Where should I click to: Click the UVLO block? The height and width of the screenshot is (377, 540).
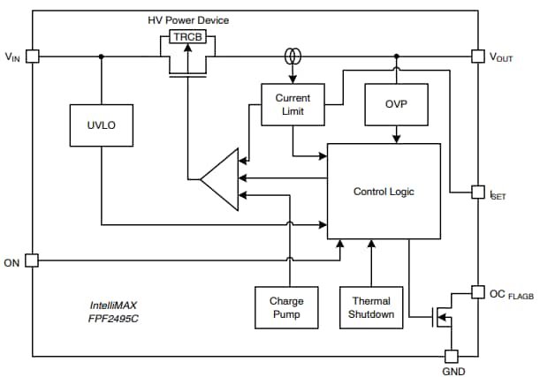[101, 125]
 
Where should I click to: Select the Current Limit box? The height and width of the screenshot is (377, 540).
[293, 104]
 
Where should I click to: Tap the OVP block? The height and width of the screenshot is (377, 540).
[396, 104]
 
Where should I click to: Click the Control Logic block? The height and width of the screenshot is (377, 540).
[384, 191]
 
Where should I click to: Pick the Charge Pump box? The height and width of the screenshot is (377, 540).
[286, 307]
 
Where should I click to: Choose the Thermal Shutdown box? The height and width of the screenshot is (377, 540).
[371, 307]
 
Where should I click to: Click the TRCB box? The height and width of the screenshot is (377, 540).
[188, 38]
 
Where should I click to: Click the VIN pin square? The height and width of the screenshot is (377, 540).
[33, 57]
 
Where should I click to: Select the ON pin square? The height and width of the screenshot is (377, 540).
[33, 260]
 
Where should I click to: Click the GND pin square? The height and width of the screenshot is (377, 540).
[451, 356]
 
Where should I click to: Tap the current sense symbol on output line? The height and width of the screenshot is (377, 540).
[293, 57]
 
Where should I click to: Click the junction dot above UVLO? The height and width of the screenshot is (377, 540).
[101, 57]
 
